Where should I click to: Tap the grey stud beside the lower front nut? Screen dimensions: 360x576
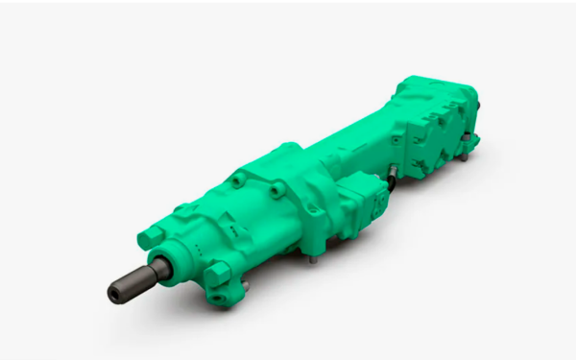(247, 284)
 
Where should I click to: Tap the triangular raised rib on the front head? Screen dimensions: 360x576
(230, 231)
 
